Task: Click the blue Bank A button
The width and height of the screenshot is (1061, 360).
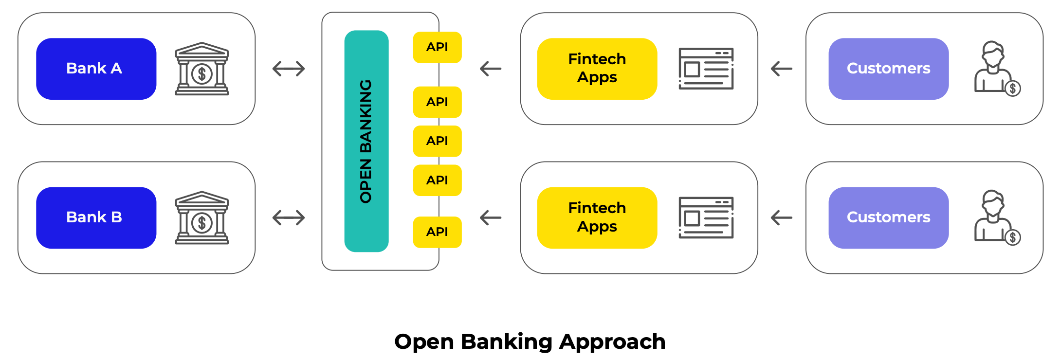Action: click(96, 69)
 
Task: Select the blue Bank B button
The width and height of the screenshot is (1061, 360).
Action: click(96, 217)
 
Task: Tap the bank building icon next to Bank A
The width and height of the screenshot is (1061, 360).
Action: click(202, 69)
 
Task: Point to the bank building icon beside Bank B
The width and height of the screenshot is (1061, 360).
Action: click(202, 218)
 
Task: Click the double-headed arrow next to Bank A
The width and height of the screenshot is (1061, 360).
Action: click(289, 69)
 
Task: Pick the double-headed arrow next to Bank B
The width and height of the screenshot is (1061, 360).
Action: click(289, 217)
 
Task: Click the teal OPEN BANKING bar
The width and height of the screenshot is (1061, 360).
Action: click(366, 141)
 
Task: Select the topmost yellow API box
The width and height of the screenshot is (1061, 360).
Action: click(437, 47)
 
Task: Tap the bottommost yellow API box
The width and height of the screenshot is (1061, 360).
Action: click(437, 232)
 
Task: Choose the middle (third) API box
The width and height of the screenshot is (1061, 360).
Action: click(437, 141)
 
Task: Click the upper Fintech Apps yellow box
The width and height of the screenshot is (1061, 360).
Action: click(597, 69)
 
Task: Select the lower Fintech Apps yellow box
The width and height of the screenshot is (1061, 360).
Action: click(597, 217)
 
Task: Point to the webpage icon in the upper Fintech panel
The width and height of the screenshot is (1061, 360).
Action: click(706, 69)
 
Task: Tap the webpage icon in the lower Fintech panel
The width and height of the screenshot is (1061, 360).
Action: click(706, 217)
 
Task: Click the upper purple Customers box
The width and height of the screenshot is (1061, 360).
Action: click(888, 69)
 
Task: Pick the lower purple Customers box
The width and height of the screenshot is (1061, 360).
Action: click(888, 217)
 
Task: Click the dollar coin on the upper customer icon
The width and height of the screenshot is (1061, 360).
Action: click(1013, 89)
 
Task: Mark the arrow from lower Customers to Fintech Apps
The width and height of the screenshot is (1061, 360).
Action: click(782, 217)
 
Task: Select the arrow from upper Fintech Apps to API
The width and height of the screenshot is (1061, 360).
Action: click(491, 69)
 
